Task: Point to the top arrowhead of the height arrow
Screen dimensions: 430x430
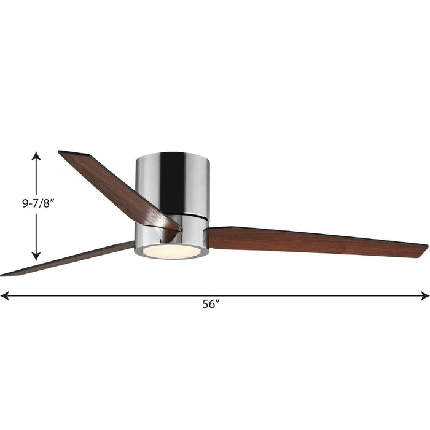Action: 37,155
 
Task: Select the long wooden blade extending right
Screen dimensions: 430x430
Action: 313,240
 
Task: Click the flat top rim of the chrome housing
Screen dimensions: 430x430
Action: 172,152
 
